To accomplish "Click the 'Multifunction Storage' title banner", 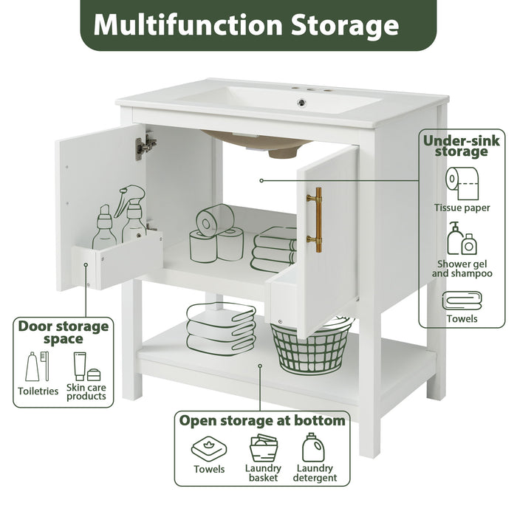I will click(x=258, y=25).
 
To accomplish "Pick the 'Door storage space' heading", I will click(x=63, y=332).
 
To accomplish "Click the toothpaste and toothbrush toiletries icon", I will click(x=38, y=366).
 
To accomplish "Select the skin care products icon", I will click(x=86, y=366).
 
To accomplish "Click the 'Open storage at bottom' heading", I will click(x=261, y=421).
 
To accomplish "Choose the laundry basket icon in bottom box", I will click(x=263, y=448).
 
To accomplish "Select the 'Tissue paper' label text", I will click(x=462, y=208).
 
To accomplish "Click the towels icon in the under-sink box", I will click(x=462, y=301).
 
